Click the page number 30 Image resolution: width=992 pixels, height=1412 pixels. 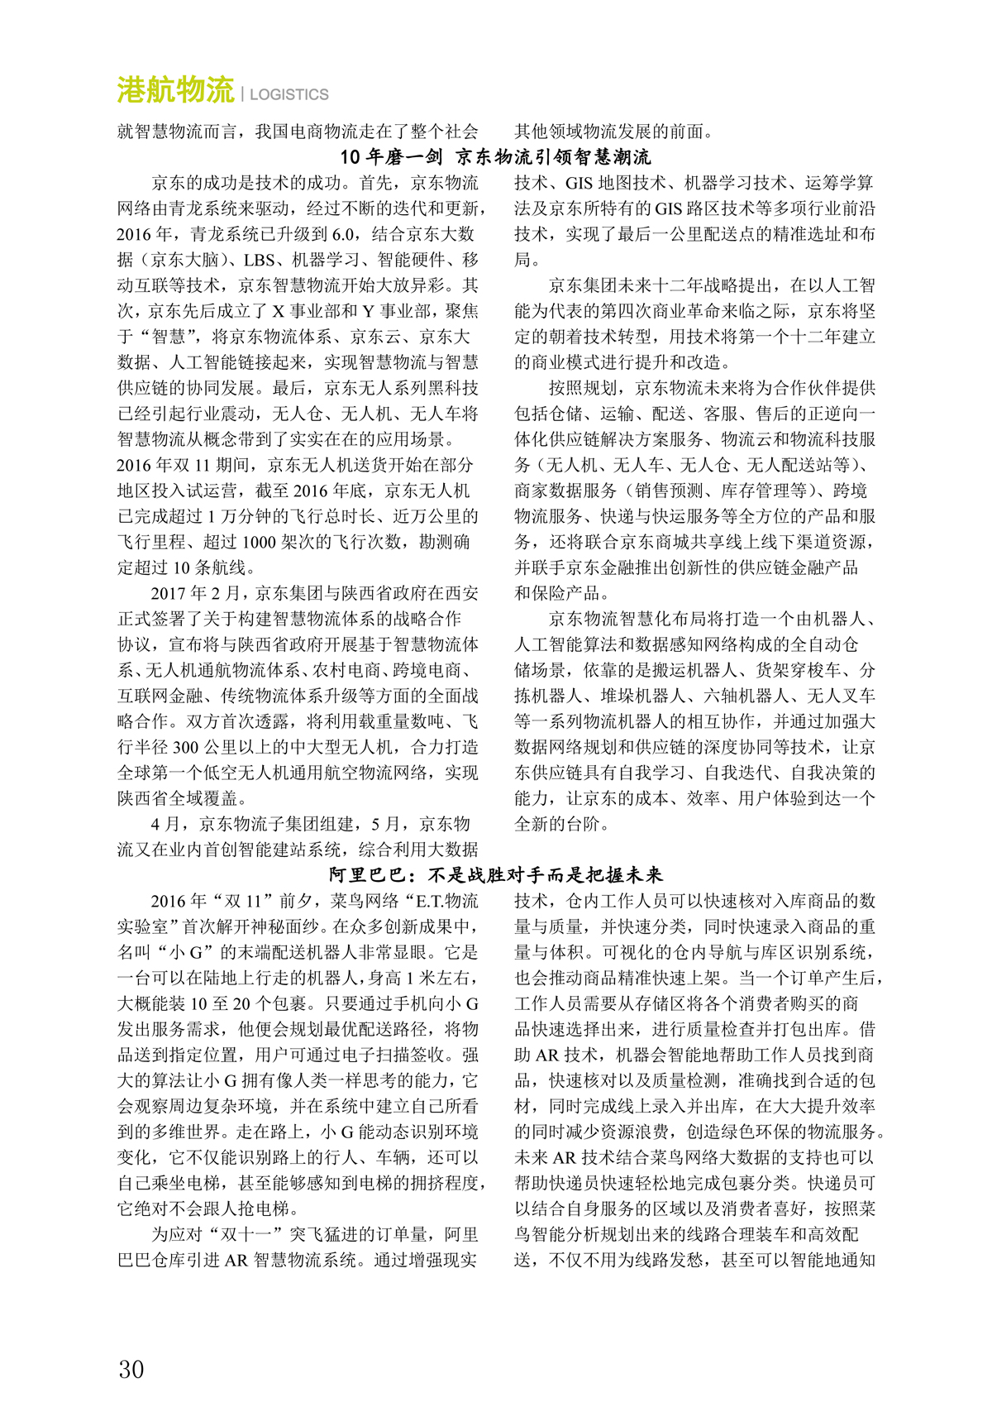click(131, 1369)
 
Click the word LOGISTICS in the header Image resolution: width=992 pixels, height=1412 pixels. click(289, 94)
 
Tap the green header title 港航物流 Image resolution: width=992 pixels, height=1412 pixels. click(175, 90)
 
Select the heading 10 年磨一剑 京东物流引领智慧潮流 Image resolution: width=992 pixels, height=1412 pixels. click(496, 157)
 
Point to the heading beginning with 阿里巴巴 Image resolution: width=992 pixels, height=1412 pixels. click(496, 874)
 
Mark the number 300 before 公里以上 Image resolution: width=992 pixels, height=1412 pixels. click(185, 747)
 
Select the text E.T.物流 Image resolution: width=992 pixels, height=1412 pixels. click(446, 901)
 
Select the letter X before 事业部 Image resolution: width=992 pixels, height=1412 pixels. click(278, 311)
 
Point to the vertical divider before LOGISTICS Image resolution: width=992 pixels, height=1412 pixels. click(242, 93)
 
